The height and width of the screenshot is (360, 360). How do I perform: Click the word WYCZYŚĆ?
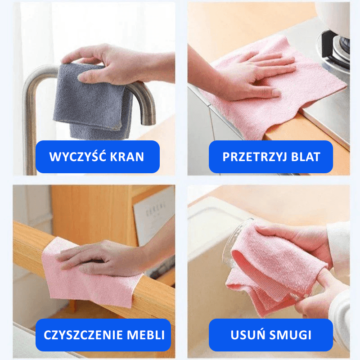77,156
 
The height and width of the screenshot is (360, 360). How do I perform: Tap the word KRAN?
127,157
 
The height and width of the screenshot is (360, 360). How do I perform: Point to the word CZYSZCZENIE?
83,335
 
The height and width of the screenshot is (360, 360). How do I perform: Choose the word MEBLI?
146,335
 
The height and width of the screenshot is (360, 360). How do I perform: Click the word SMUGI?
290,335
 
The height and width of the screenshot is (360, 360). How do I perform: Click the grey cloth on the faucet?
92,103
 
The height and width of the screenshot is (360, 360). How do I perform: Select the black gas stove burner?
336,49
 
